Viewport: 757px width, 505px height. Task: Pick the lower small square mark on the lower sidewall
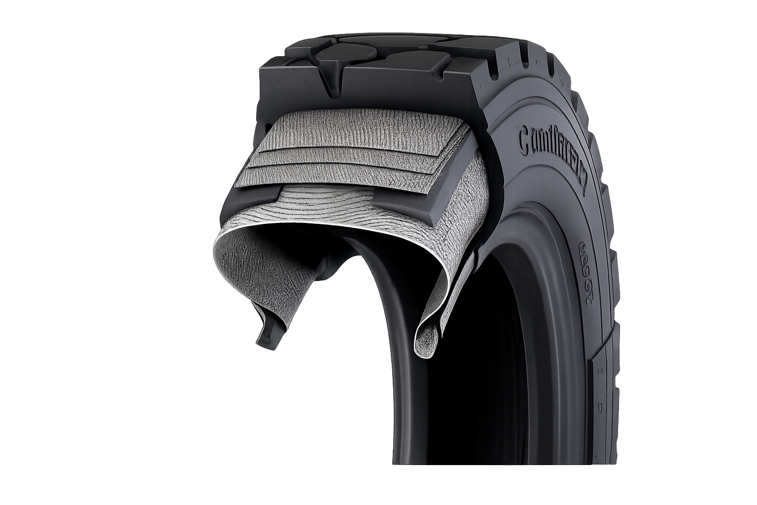(601, 408)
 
